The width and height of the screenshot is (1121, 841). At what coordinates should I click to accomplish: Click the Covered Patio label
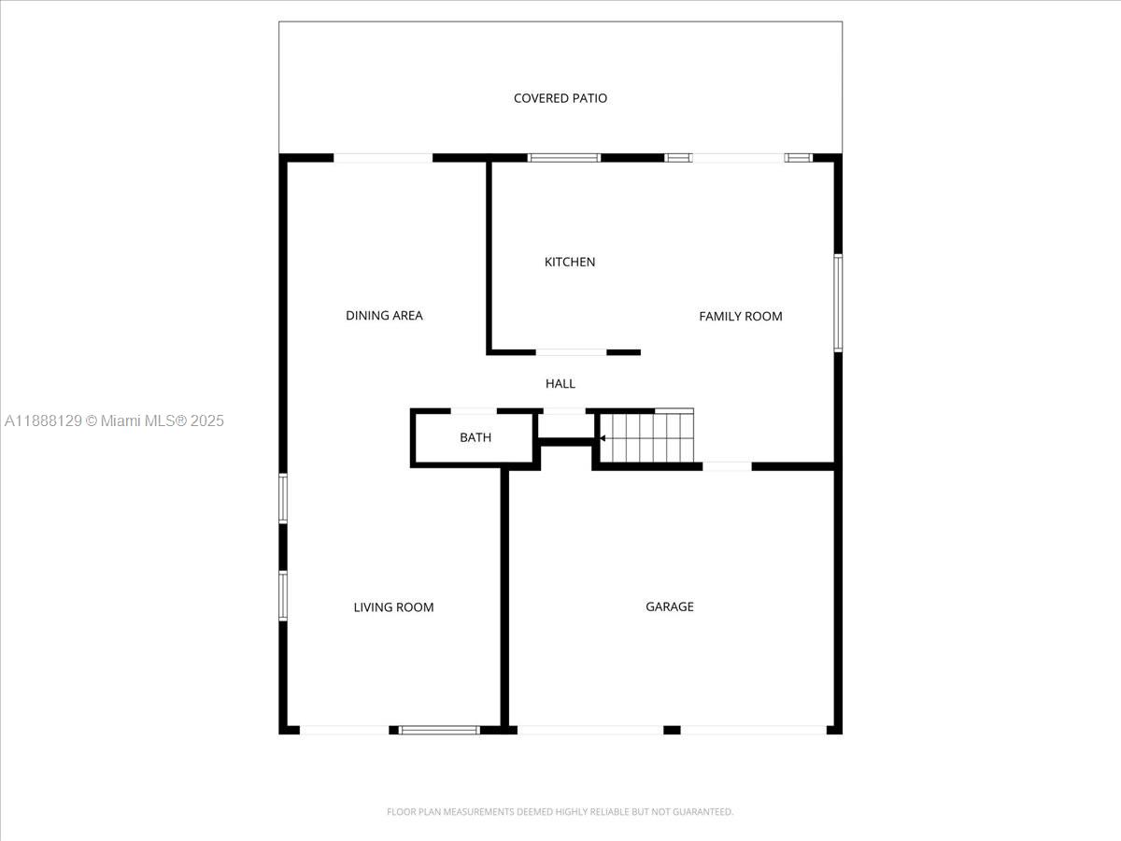click(x=560, y=98)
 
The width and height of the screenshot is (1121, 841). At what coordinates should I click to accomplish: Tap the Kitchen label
click(x=570, y=262)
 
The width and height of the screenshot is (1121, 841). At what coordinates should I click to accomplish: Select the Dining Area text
click(x=384, y=316)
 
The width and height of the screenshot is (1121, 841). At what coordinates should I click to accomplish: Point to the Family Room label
click(x=741, y=317)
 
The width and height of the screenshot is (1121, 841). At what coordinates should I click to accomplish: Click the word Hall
click(x=560, y=383)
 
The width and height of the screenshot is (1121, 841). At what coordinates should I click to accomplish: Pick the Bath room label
click(x=475, y=437)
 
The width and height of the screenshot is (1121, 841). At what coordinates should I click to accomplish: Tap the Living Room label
click(x=393, y=607)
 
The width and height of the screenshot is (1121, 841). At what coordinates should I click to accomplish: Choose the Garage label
click(x=670, y=606)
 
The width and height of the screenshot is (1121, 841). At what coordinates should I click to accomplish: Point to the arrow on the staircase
click(x=603, y=437)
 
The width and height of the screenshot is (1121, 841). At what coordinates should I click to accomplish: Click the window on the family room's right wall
click(x=838, y=303)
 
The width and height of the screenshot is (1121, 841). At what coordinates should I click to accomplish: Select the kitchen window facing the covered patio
click(x=563, y=158)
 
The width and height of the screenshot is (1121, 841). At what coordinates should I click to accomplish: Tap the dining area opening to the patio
click(x=383, y=158)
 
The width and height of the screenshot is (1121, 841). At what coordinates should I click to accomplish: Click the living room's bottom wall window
click(x=439, y=730)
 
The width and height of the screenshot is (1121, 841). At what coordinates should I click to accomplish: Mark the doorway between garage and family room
click(x=727, y=465)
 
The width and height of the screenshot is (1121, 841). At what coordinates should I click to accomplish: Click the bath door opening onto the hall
click(x=474, y=410)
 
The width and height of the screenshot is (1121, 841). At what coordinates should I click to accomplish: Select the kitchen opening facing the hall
click(x=571, y=352)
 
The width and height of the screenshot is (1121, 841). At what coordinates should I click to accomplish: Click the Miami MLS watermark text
click(x=114, y=421)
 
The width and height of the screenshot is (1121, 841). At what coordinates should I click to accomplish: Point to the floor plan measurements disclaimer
click(x=560, y=812)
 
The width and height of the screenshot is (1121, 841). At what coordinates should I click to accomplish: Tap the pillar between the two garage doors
click(x=672, y=730)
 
